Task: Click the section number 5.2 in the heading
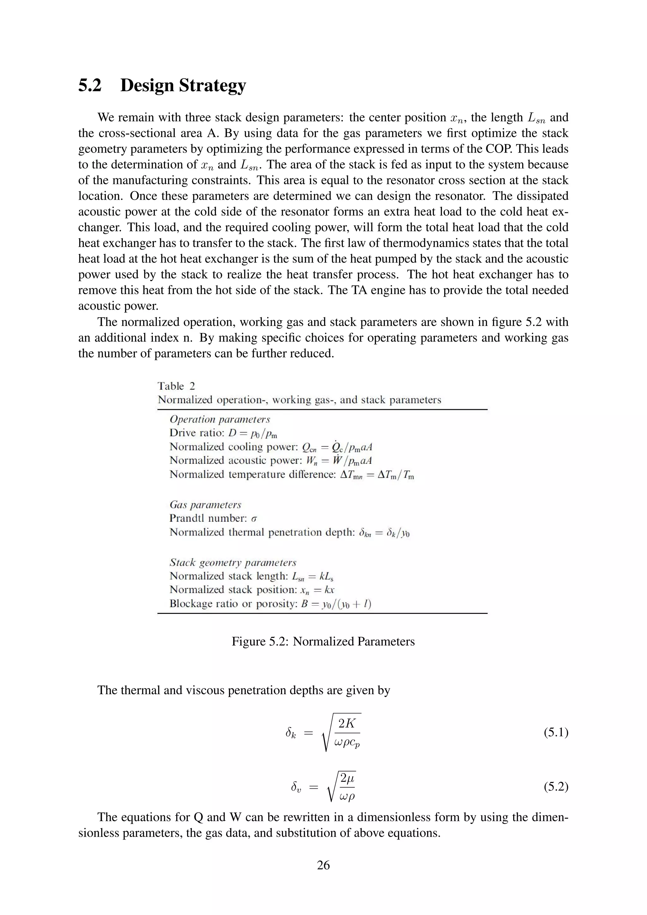(x=90, y=85)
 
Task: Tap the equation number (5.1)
(x=556, y=732)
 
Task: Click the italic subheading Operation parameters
(x=220, y=419)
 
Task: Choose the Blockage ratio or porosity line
(x=270, y=604)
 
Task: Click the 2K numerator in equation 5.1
(x=346, y=723)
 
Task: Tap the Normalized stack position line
(x=251, y=590)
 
